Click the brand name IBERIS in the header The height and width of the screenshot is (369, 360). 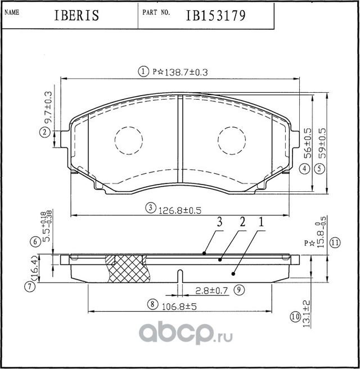click(x=78, y=16)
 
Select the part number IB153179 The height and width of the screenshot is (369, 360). click(x=215, y=16)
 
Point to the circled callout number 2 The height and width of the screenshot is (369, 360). click(x=43, y=133)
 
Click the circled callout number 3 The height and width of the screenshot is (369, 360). click(x=150, y=209)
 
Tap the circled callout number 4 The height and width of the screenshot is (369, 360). click(x=303, y=168)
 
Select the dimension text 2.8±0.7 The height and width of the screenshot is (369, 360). click(x=210, y=290)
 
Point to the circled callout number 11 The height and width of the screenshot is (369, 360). click(x=335, y=243)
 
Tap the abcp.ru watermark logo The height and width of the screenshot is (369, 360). click(x=179, y=335)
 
